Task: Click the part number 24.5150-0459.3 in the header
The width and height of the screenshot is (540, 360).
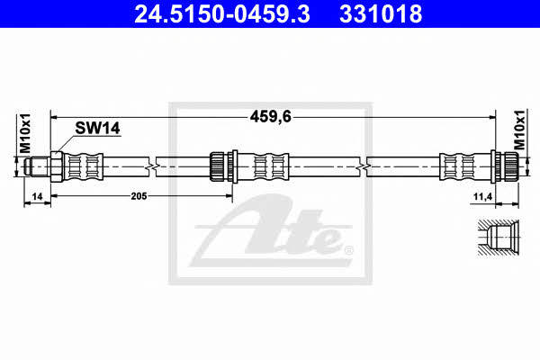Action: click(x=222, y=14)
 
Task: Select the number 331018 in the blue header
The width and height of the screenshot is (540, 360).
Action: click(x=381, y=14)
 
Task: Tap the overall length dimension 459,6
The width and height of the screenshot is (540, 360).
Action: click(x=271, y=117)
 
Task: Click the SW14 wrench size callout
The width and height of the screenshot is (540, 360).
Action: click(x=97, y=128)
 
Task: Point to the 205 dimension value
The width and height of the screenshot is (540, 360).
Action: click(x=139, y=196)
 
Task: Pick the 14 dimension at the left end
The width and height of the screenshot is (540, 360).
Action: click(x=37, y=196)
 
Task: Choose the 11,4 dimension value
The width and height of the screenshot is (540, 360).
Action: click(x=482, y=197)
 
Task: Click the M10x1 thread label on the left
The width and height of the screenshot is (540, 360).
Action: click(x=25, y=133)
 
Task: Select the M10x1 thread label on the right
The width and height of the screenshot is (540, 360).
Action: click(x=520, y=130)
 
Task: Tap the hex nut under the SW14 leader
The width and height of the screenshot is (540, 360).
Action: click(x=57, y=166)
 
